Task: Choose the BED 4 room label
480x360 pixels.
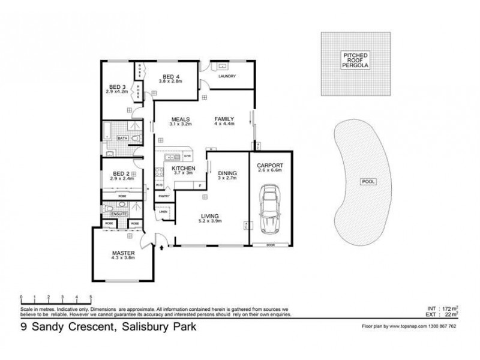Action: point(172,76)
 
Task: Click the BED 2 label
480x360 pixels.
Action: point(118,173)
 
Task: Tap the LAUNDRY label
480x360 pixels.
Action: point(227,76)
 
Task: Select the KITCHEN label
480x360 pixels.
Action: point(183,169)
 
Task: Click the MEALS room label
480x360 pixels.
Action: point(181,119)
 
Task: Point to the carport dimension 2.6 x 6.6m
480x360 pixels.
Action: point(270,170)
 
